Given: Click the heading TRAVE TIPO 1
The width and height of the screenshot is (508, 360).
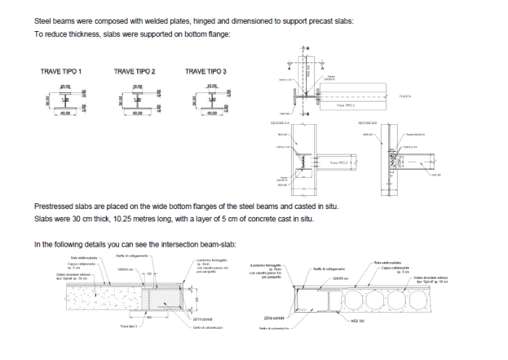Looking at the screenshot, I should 61,71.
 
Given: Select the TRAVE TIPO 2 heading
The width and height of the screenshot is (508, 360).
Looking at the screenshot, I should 135,71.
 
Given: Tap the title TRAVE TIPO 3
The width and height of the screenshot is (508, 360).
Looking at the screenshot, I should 205,71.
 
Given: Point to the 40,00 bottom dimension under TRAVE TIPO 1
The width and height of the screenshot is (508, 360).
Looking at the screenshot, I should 65,113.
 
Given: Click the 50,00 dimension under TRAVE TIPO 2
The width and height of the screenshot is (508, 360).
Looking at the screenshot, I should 137,113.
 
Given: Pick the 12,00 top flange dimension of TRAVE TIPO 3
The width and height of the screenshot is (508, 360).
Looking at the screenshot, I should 212,86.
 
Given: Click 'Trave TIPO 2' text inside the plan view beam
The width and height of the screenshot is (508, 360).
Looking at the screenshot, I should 345,105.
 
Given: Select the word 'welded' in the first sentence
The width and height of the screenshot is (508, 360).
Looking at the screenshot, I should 152,22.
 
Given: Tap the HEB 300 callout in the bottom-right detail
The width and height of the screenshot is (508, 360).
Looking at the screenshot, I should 357,320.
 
